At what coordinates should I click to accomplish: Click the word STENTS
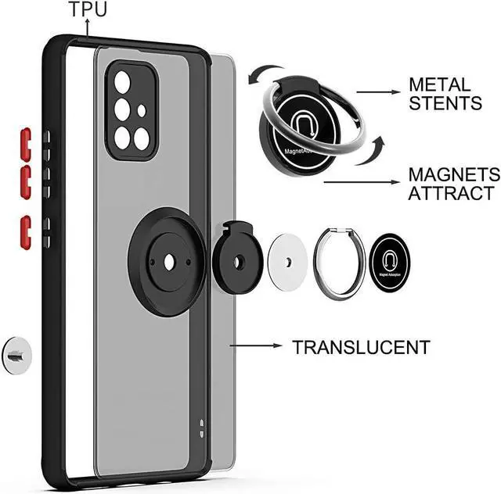pos(445,102)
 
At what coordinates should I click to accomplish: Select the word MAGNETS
pos(453,174)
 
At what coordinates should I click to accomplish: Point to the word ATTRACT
pos(451,193)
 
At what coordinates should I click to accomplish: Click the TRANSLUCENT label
pos(361,347)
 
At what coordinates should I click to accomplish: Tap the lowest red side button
pos(25,232)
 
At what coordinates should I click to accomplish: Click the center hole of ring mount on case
pos(168,263)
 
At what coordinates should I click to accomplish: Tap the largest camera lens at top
pos(123,82)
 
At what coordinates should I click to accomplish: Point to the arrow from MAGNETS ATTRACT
pos(359,182)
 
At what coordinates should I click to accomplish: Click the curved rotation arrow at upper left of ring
pos(258,75)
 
